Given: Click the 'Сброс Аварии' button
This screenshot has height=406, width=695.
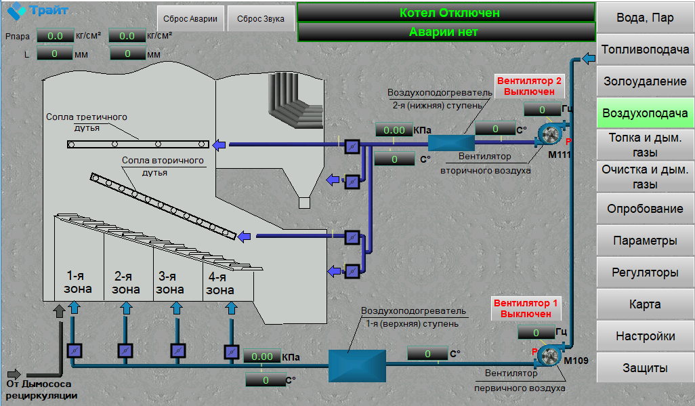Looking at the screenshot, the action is (x=190, y=18).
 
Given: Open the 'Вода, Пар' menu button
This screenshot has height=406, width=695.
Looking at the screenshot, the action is (x=645, y=18).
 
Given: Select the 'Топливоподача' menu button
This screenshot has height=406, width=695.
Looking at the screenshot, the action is (x=645, y=49).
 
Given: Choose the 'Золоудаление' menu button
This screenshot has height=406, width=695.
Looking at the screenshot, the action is (x=645, y=81).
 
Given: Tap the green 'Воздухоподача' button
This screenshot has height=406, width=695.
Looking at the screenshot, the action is (x=645, y=113).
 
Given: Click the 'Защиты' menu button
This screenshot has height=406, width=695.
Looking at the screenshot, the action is (x=645, y=368).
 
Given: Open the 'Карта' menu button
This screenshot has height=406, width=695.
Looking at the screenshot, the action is (x=645, y=304).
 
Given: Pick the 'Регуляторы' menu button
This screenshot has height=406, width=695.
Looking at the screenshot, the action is (x=645, y=272).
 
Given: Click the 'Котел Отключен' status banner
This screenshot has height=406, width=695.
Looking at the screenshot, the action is (x=446, y=12).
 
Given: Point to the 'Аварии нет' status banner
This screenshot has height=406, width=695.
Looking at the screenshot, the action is (x=446, y=32).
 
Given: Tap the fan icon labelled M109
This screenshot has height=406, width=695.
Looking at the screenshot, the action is (x=549, y=355).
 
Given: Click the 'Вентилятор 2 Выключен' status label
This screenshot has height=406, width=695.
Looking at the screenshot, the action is (x=529, y=86).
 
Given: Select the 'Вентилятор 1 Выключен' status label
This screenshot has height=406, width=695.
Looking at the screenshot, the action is (x=526, y=308).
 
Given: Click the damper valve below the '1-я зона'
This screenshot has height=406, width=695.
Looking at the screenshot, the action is (x=75, y=351).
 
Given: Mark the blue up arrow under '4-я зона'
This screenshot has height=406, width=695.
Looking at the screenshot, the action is (x=232, y=308).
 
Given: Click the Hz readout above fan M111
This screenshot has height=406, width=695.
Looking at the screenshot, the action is (x=542, y=110).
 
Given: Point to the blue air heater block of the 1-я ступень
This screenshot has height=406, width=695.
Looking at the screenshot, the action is (x=357, y=365).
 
